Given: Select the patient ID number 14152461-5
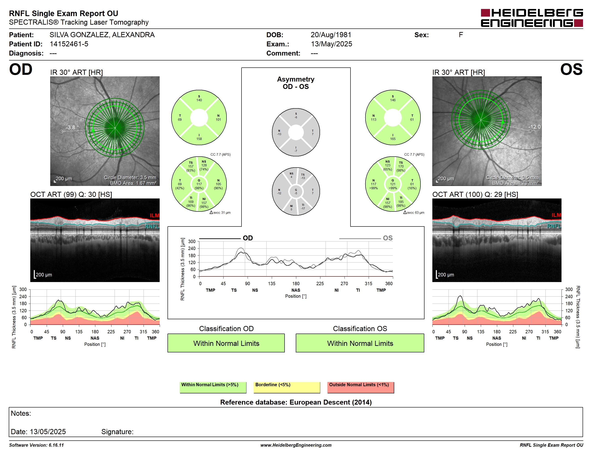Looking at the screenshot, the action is pos(69,44).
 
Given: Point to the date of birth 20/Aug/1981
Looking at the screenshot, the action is pos(331,35).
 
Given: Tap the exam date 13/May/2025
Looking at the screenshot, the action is pos(331,44).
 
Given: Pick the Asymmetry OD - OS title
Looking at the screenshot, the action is pos(296,83).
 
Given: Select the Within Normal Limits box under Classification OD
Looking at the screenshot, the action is pos(226,343).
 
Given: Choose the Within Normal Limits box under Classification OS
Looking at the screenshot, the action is pos(360,343).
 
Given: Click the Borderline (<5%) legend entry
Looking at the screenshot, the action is pos(287,387).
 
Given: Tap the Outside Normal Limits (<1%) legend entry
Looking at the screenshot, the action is pos(361,387).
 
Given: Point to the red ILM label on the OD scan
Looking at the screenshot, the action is pos(155,215).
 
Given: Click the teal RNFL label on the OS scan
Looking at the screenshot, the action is pos(554,226).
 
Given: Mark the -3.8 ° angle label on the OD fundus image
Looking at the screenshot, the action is pos(72,127).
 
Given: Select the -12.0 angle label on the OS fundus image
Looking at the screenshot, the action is pos(534,127).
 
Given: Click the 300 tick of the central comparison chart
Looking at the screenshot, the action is pos(192,241).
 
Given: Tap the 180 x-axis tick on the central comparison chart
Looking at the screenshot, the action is pos(296,283).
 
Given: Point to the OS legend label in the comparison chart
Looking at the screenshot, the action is pos(388,238).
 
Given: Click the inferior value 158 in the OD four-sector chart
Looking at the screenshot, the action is pos(199,139).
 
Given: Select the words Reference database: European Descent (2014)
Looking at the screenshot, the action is pos(296,402).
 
